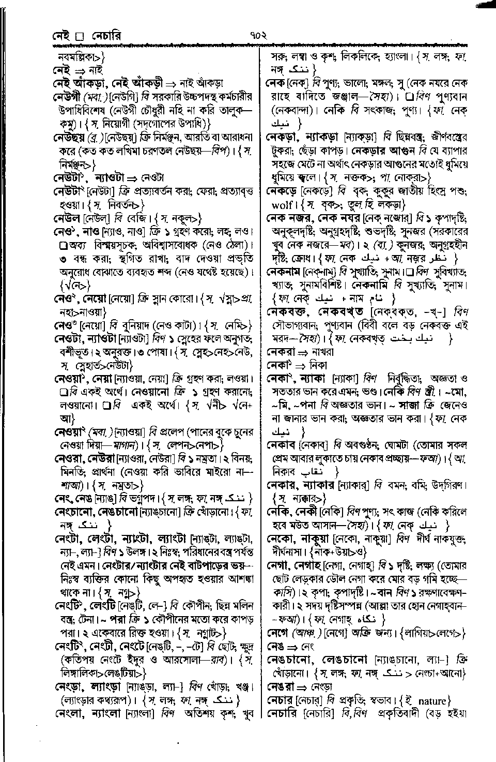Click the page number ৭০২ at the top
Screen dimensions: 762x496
point(257,36)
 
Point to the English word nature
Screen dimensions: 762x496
point(431,701)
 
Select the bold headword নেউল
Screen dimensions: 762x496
point(67,217)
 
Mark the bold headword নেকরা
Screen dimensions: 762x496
point(282,352)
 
